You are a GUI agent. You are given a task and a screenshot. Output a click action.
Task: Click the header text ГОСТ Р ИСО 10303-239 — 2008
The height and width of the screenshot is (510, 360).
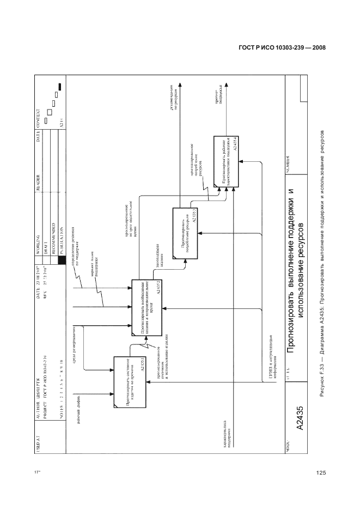coord(282,48)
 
